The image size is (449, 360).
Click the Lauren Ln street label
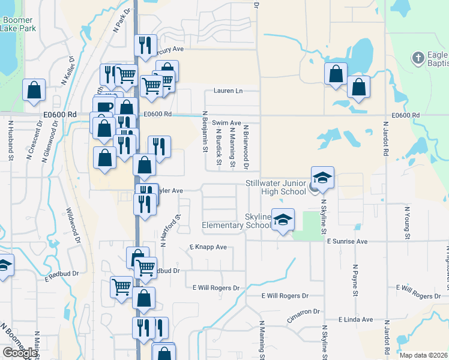228,91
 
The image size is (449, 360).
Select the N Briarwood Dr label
246,147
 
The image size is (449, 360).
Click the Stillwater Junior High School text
276,187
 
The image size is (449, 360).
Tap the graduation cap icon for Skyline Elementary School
283,220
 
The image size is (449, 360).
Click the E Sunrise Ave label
347,241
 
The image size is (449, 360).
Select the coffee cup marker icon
104,107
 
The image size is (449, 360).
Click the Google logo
20,352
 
